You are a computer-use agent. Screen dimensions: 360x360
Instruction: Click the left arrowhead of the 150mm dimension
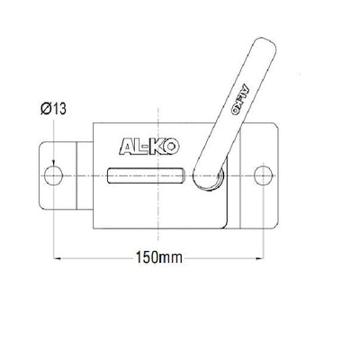[x=61, y=257]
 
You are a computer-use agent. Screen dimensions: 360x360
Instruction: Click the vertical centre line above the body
[x=160, y=103]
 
